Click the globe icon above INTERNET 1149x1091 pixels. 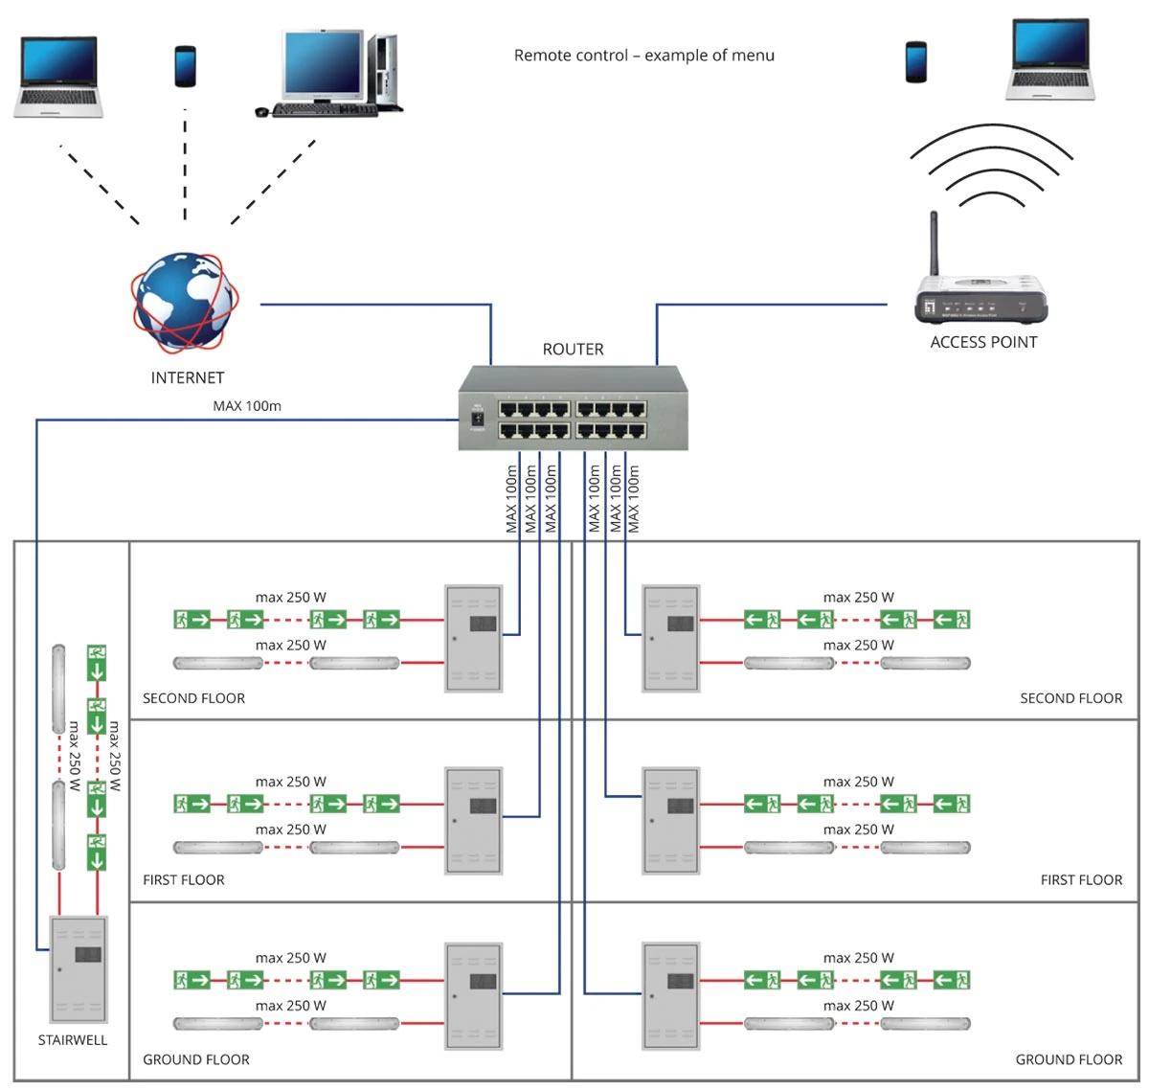pyautogui.click(x=185, y=304)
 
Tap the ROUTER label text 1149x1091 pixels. pyautogui.click(x=573, y=350)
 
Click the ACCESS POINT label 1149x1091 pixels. pyautogui.click(x=983, y=342)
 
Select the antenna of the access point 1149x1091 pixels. pyautogui.click(x=935, y=244)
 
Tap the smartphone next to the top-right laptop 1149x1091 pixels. pyautogui.click(x=916, y=62)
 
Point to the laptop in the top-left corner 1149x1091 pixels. pyautogui.click(x=58, y=77)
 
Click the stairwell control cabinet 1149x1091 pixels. pyautogui.click(x=79, y=968)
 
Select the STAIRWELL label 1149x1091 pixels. pyautogui.click(x=73, y=1040)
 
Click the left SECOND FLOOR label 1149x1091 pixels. pyautogui.click(x=193, y=698)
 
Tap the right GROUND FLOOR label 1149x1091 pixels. pyautogui.click(x=1069, y=1059)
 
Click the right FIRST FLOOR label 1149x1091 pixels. pyautogui.click(x=1081, y=879)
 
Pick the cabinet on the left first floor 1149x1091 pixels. pyautogui.click(x=474, y=820)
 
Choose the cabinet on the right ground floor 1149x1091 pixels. pyautogui.click(x=670, y=996)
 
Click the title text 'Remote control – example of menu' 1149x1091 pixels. pyautogui.click(x=643, y=56)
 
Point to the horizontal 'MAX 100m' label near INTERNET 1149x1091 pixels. pyautogui.click(x=247, y=406)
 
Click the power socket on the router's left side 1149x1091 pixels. pyautogui.click(x=478, y=419)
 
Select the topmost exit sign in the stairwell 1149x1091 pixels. pyautogui.click(x=96, y=662)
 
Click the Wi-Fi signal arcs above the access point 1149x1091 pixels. pyautogui.click(x=991, y=168)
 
